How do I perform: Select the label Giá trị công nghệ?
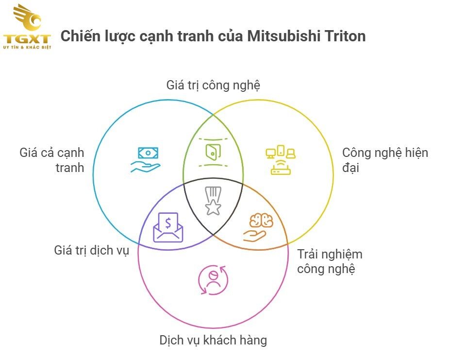coord(213,86)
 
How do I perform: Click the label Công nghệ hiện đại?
coord(385,160)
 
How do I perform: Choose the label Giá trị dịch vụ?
coord(91,251)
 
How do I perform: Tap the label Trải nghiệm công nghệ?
coord(330,261)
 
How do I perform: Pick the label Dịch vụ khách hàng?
coord(213,340)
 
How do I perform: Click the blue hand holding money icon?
coord(145,160)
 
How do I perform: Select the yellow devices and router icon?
coord(281,160)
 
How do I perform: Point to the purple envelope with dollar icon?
coord(168,227)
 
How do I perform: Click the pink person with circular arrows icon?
coord(213,280)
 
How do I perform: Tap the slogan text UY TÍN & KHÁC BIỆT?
coord(27,48)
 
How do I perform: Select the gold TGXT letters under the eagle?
coord(27,39)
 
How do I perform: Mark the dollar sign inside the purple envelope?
coord(168,223)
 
